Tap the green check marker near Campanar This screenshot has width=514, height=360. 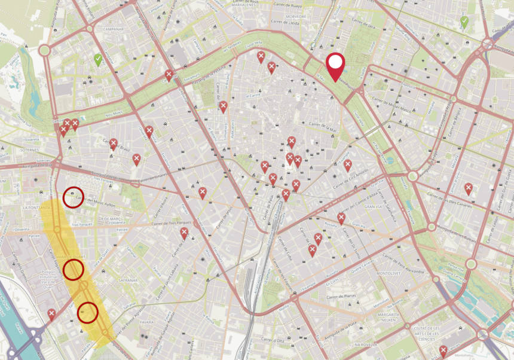(98, 60)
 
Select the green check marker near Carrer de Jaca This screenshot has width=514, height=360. (464, 22)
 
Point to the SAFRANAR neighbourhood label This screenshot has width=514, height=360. (128, 279)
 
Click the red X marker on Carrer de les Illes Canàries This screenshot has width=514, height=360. (469, 188)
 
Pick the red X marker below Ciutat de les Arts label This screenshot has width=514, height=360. (443, 350)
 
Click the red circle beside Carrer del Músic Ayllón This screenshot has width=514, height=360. (73, 197)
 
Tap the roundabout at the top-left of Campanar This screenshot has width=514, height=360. (44, 50)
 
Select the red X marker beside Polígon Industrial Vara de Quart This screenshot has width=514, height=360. (52, 313)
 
